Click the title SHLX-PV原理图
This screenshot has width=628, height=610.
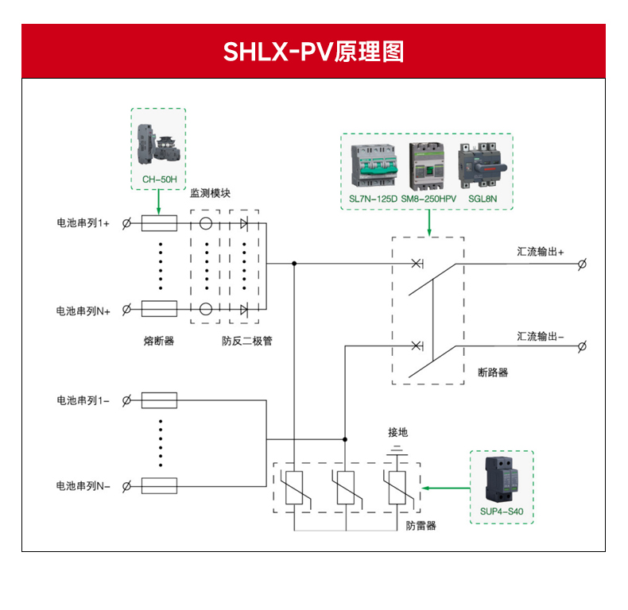[x=313, y=52]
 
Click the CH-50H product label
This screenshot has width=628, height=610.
[x=159, y=180]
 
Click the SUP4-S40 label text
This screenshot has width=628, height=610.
[x=502, y=512]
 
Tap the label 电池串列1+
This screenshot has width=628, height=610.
[x=83, y=224]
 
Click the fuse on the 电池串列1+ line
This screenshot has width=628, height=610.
[x=159, y=224]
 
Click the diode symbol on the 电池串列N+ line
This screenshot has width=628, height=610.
[x=244, y=309]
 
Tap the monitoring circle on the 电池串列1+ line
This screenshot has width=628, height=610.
[x=206, y=224]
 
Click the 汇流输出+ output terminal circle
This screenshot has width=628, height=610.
[x=583, y=264]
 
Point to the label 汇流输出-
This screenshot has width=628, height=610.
[x=541, y=336]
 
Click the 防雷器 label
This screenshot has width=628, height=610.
[x=421, y=526]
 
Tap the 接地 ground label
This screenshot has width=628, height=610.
[x=397, y=432]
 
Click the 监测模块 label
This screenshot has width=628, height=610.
[x=211, y=193]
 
